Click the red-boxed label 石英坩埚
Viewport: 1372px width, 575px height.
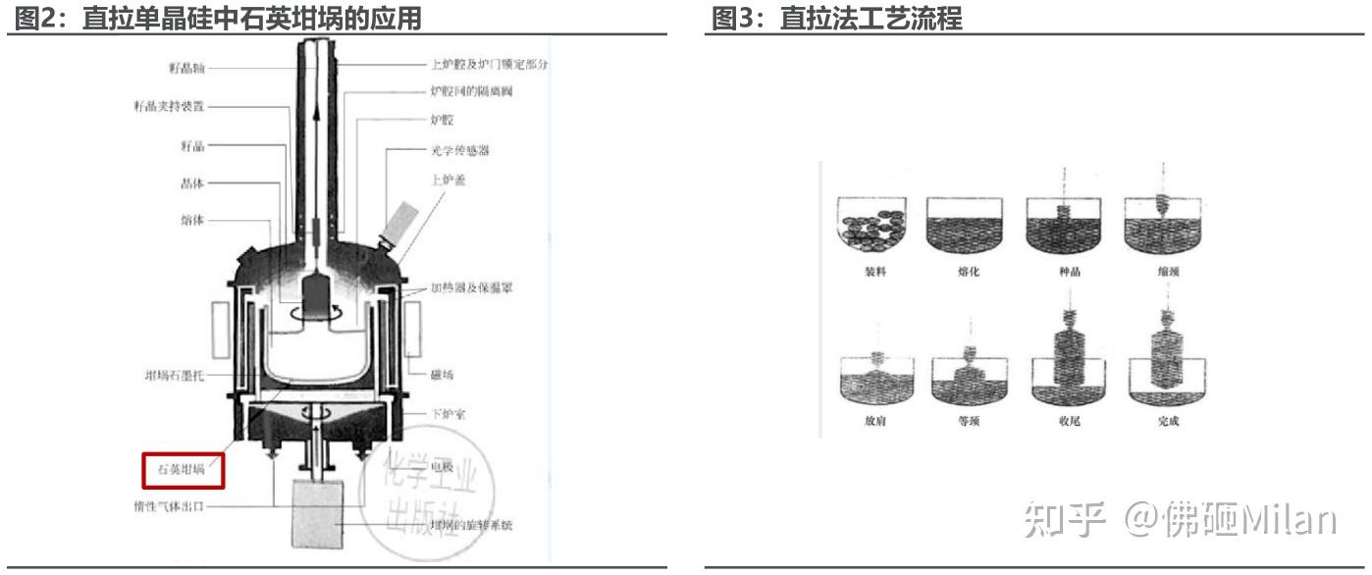coord(184,470)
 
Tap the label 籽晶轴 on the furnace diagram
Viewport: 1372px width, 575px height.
coord(185,68)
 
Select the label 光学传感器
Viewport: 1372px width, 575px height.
coord(460,150)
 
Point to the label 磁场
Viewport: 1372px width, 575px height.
coord(443,374)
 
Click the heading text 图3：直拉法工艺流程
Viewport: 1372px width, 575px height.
coord(836,18)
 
